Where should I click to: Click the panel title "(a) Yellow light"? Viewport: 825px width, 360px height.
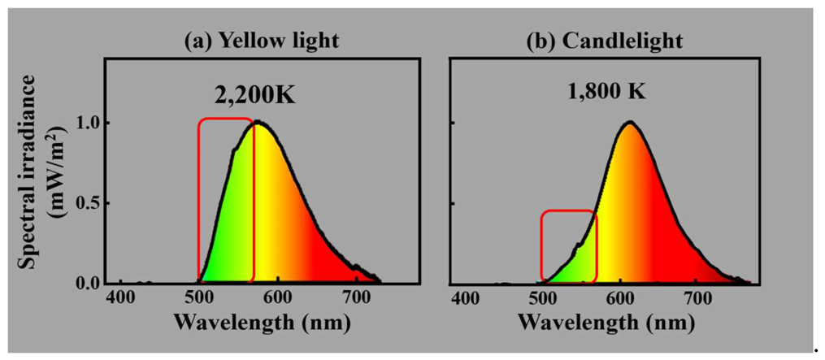point(261,41)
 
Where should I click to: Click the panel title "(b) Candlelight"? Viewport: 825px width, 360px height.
point(605,41)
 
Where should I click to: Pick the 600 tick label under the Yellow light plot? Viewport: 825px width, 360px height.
point(278,301)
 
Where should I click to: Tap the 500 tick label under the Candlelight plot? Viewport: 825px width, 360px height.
point(544,301)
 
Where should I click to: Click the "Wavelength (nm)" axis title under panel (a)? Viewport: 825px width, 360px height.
point(263,322)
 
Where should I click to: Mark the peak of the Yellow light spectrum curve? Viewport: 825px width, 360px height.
point(258,122)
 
